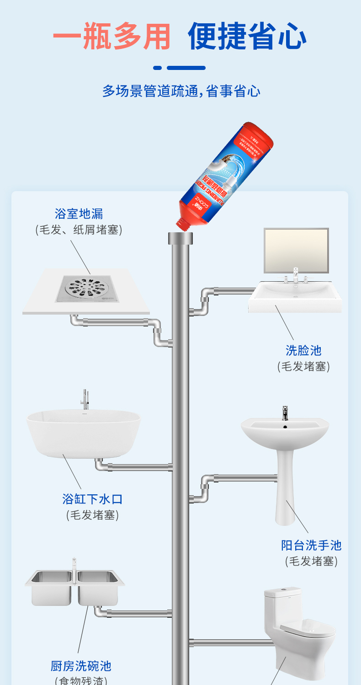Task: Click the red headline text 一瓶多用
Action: click(x=111, y=36)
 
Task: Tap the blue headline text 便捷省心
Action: click(x=247, y=36)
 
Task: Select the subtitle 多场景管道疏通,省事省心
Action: click(x=181, y=91)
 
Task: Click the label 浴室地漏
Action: click(x=79, y=214)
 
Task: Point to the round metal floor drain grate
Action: click(x=87, y=288)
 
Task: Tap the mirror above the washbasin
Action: click(x=296, y=250)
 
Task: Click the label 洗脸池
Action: click(x=303, y=351)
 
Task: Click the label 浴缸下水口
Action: click(x=92, y=499)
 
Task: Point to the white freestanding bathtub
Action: click(x=83, y=432)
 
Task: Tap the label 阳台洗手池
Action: click(x=311, y=545)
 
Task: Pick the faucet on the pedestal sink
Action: click(x=285, y=412)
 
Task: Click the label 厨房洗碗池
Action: click(x=81, y=666)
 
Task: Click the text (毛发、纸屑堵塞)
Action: click(x=79, y=230)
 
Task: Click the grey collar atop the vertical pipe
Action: click(x=180, y=238)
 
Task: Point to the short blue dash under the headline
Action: click(x=157, y=68)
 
